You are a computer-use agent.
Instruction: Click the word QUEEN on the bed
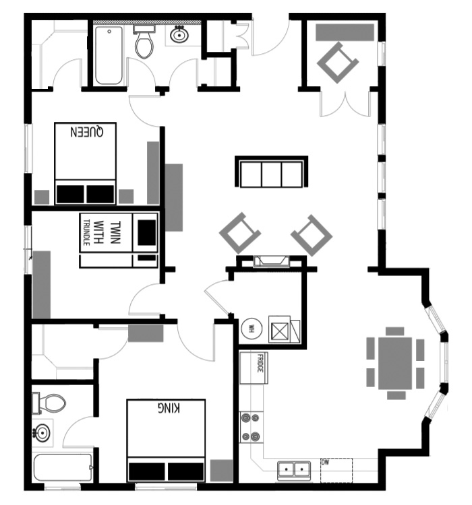(x=86, y=133)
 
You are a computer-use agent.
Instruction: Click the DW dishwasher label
(x=325, y=463)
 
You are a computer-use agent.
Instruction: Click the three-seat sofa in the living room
(x=270, y=172)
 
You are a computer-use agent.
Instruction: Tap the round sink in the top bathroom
(x=179, y=35)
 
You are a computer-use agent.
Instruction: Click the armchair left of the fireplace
(x=239, y=233)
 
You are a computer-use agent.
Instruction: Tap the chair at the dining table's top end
(x=395, y=331)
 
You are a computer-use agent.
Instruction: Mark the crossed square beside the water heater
(x=278, y=331)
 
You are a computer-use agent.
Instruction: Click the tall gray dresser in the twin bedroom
(x=41, y=283)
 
